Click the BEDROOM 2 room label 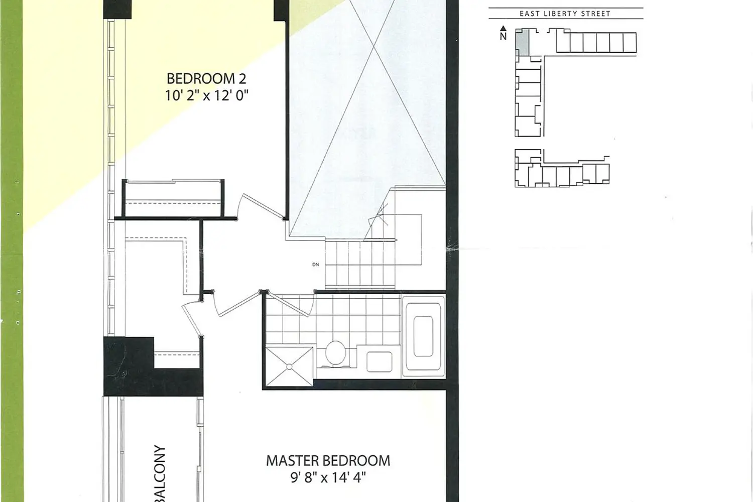tap(206, 79)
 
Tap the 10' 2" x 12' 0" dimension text tap(206, 96)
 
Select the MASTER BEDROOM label tap(328, 461)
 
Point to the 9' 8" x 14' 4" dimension tap(328, 477)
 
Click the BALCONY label tap(160, 473)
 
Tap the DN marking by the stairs tap(315, 265)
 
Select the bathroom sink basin tap(379, 362)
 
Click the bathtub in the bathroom tap(424, 336)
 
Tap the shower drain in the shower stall tap(290, 367)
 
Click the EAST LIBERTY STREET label tap(565, 14)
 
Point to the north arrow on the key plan tap(503, 29)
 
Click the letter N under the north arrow tap(503, 36)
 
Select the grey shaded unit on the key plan tap(523, 43)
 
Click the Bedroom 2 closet tap(173, 198)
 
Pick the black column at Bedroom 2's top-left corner tap(117, 10)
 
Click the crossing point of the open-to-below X tap(374, 45)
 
